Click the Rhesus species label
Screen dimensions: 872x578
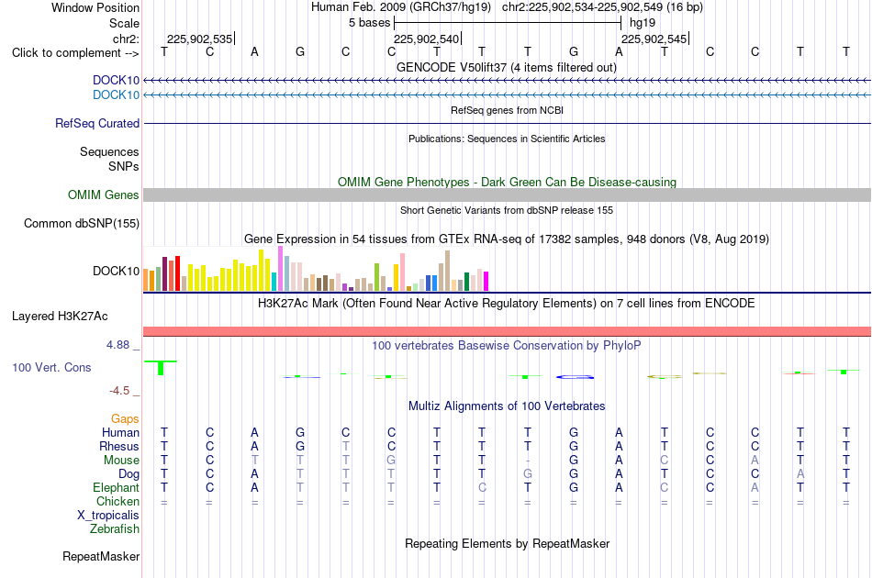click(x=119, y=446)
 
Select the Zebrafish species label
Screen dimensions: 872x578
click(x=115, y=529)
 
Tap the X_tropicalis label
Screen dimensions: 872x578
click(x=108, y=516)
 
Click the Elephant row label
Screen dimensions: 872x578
click(x=116, y=488)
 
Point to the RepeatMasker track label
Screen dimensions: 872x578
click(x=101, y=556)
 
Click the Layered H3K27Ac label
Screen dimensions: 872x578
click(x=60, y=317)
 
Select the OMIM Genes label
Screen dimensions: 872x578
click(x=104, y=195)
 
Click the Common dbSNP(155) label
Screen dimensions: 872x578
click(x=82, y=224)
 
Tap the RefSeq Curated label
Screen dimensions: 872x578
click(x=97, y=123)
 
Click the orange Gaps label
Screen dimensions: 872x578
click(x=125, y=418)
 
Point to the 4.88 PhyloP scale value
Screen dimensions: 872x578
click(x=117, y=345)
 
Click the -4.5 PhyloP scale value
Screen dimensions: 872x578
click(x=119, y=391)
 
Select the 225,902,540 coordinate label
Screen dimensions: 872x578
click(x=427, y=39)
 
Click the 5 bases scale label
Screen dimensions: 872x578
click(x=369, y=23)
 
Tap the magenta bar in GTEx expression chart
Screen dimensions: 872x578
click(x=486, y=282)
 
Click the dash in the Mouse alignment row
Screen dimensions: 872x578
click(x=527, y=461)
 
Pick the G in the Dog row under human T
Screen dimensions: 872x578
click(x=527, y=474)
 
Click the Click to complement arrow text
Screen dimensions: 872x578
click(x=75, y=53)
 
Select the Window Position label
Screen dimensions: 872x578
click(x=95, y=7)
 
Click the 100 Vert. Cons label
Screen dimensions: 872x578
click(x=51, y=367)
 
